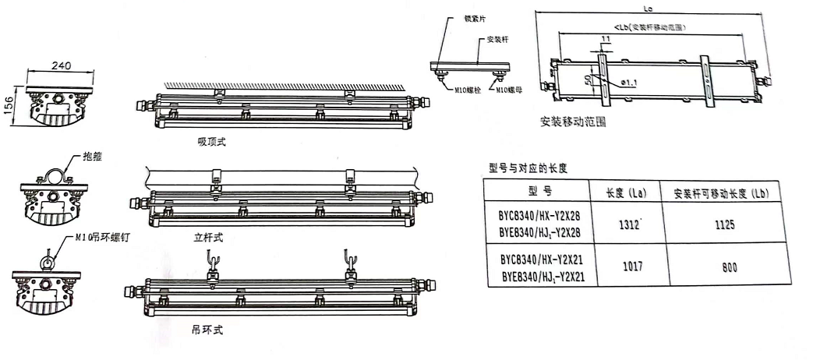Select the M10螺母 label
(x=508, y=89)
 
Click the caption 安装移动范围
(x=573, y=123)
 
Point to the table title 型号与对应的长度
(x=526, y=167)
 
